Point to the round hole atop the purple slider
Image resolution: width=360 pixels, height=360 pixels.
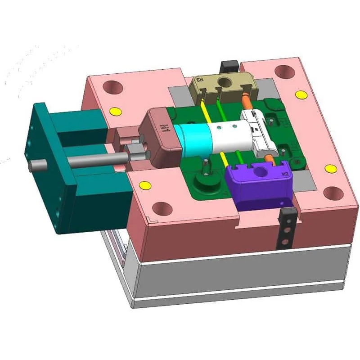pos(260,170)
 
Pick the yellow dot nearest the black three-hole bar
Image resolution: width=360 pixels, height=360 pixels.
pos(331,169)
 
